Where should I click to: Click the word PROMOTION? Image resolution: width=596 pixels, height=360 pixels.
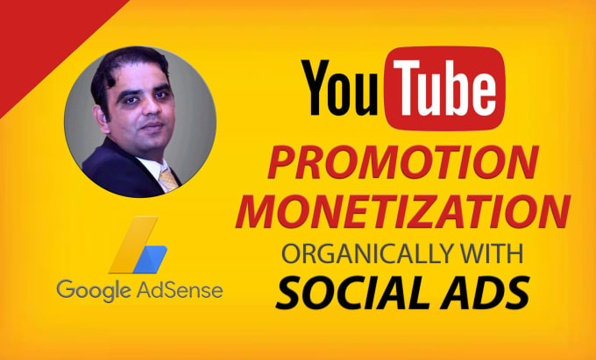[x=403, y=162]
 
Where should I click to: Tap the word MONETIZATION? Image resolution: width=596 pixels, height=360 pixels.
[x=403, y=211]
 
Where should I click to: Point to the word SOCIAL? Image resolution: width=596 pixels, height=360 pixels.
[x=352, y=292]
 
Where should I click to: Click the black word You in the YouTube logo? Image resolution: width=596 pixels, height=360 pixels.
[x=340, y=88]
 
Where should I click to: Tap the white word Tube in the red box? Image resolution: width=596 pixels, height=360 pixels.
[x=444, y=88]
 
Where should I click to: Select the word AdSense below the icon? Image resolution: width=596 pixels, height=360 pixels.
[x=180, y=289]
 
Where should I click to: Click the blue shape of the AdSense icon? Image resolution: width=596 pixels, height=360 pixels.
[x=150, y=259]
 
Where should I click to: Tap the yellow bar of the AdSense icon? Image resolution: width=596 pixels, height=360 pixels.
[x=133, y=245]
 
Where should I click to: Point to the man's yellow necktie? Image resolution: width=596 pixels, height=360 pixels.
[x=168, y=180]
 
